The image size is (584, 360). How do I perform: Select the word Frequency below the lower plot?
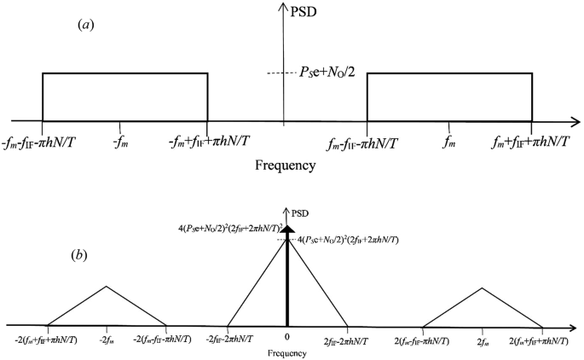click(x=286, y=351)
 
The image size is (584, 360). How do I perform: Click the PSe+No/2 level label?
click(x=321, y=75)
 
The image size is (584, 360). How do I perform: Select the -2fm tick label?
click(x=106, y=340)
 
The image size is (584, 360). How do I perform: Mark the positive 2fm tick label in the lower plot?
click(x=483, y=340)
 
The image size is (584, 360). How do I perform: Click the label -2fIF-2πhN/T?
click(x=229, y=340)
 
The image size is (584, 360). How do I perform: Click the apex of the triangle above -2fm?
click(x=106, y=286)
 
